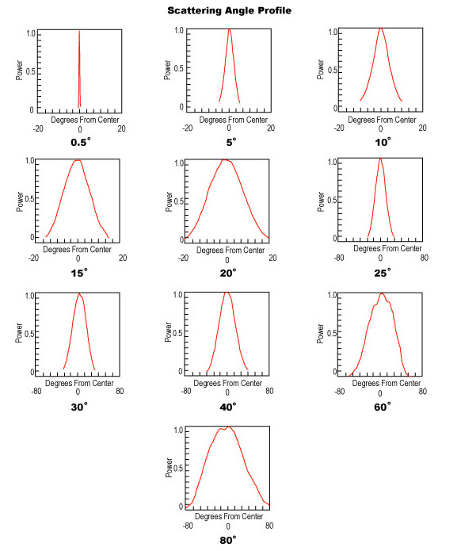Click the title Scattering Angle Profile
229,10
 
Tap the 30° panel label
79,405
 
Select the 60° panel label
381,405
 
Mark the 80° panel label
228,541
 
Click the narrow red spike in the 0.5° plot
79,71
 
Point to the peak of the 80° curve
227,427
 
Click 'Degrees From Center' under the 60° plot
381,383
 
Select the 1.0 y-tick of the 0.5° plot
30,34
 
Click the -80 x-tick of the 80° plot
187,526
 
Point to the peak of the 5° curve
230,30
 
